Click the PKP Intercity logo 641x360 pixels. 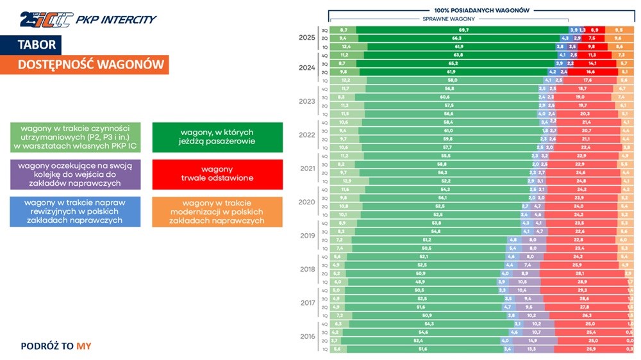pyautogui.click(x=88, y=19)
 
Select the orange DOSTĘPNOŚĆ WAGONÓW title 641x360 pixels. pyautogui.click(x=90, y=65)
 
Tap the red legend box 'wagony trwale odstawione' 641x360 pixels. pyautogui.click(x=217, y=174)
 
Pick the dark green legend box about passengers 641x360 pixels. pyautogui.click(x=217, y=137)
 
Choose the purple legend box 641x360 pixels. pyautogui.click(x=75, y=174)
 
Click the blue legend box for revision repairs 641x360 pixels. pyautogui.click(x=75, y=211)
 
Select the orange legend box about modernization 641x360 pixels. pyautogui.click(x=217, y=211)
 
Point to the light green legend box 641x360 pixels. pyautogui.click(x=75, y=137)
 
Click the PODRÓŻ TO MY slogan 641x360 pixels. pyautogui.click(x=56, y=346)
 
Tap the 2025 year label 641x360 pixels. pyautogui.click(x=306, y=38)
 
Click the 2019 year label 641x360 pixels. pyautogui.click(x=306, y=235)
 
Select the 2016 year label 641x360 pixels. pyautogui.click(x=306, y=336)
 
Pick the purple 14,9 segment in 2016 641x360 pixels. pyautogui.click(x=533, y=340)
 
